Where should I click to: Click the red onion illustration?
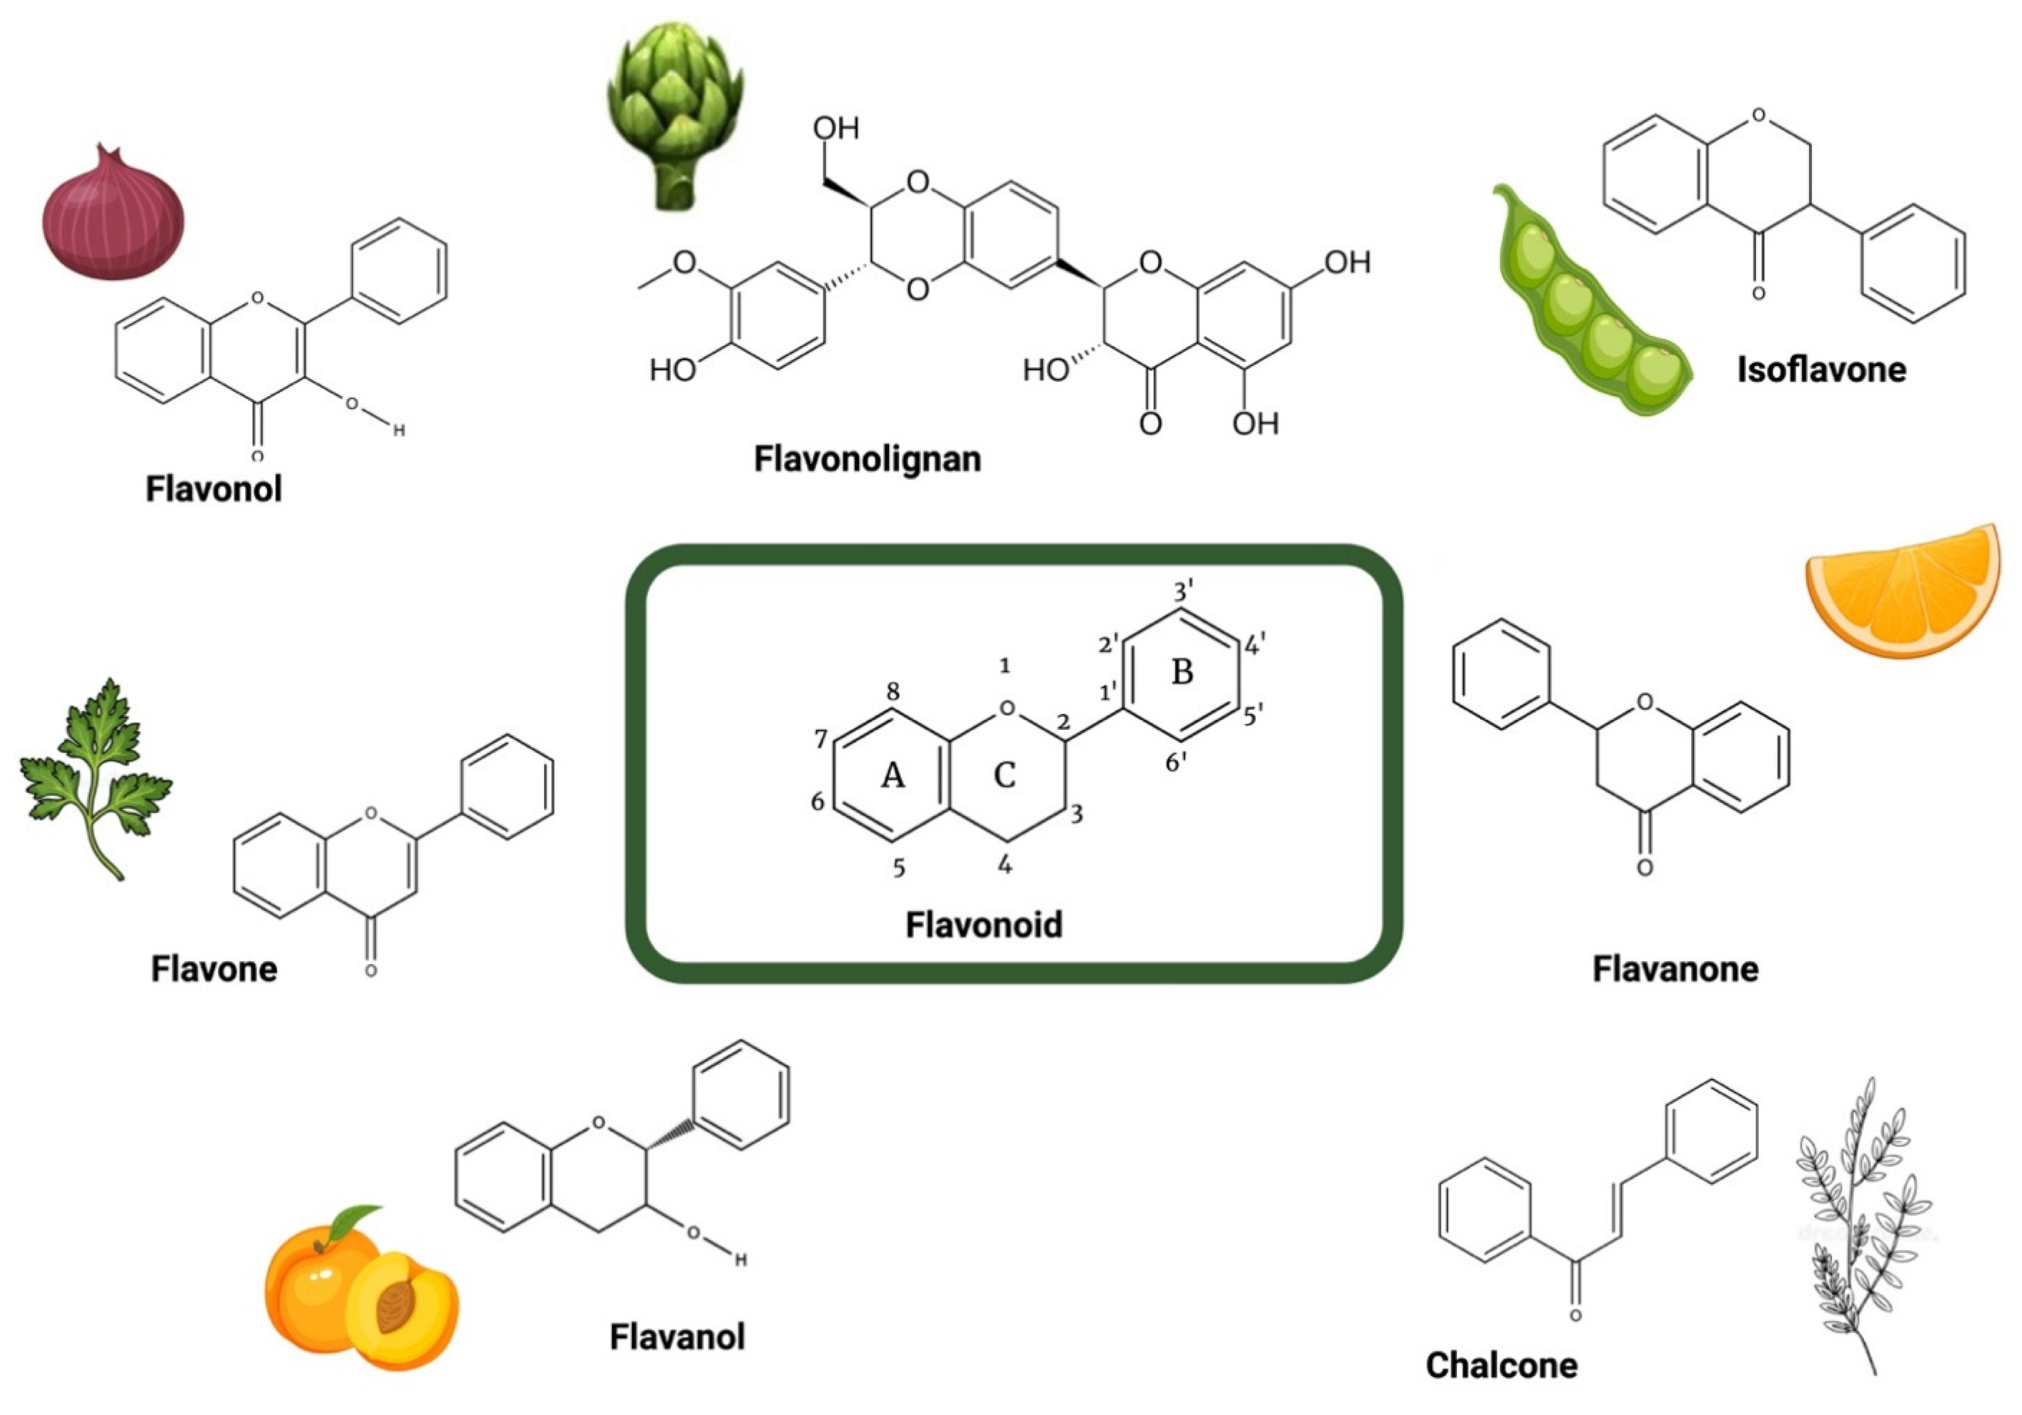click(x=113, y=216)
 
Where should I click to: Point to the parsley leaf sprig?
click(x=95, y=775)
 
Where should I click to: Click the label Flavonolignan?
click(x=867, y=459)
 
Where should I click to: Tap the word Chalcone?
click(x=1502, y=1365)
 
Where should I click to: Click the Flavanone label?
click(x=1675, y=968)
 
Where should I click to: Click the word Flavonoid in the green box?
click(x=984, y=924)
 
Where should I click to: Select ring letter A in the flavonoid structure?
click(x=893, y=776)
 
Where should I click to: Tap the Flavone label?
click(x=214, y=968)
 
